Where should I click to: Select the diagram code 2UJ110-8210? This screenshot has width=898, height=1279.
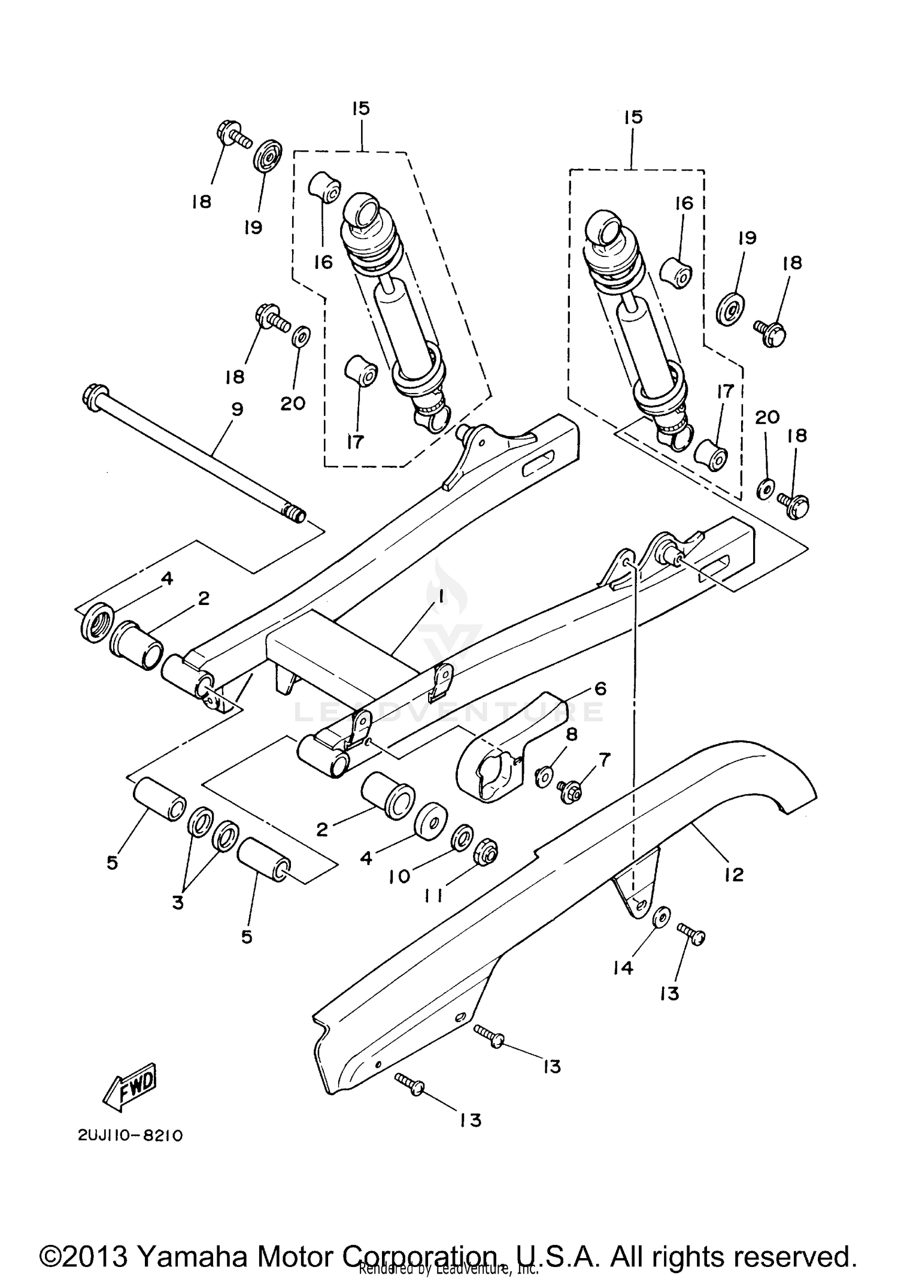coord(129,1136)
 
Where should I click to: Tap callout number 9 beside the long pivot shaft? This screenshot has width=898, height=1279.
coord(236,410)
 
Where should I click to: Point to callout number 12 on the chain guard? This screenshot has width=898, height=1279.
coord(733,875)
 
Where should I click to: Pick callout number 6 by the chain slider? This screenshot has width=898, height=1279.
coord(600,689)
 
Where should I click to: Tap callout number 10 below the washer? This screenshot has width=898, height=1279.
coord(399,876)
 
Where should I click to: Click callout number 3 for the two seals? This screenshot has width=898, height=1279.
coord(178,903)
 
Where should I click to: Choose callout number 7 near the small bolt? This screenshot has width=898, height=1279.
coord(605,760)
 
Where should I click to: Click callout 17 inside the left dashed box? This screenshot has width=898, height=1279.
coord(355,442)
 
